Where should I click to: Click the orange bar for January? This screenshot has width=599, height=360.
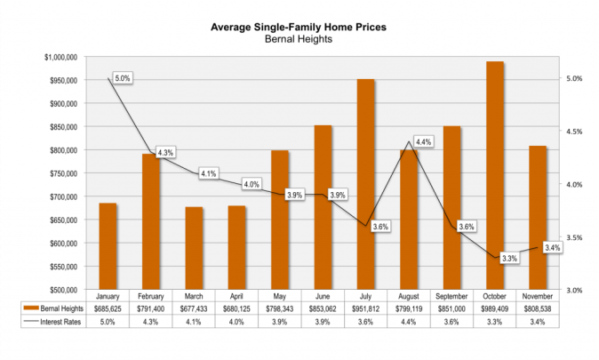tap(108, 246)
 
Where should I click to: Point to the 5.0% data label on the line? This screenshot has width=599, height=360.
tap(122, 78)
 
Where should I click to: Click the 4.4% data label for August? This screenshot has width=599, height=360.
tap(423, 142)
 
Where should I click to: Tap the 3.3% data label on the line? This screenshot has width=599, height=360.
tap(509, 258)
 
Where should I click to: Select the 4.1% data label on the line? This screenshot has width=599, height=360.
tap(208, 173)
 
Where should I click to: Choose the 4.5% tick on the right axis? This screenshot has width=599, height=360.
tap(576, 132)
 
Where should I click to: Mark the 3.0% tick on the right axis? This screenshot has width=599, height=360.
tap(576, 290)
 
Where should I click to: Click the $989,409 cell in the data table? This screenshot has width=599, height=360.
tap(494, 308)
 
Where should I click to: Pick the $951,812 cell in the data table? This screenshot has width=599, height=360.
tap(365, 308)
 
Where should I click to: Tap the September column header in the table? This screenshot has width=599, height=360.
tap(451, 296)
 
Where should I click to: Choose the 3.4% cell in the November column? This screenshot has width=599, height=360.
tap(537, 321)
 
